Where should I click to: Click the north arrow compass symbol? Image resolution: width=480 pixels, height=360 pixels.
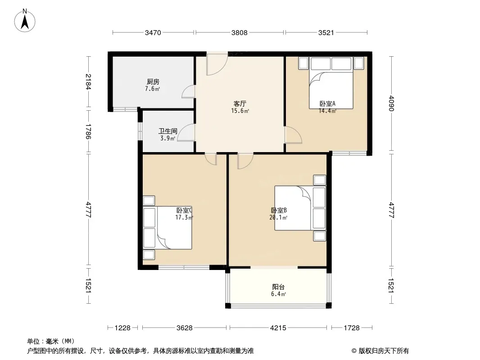click(x=25, y=21)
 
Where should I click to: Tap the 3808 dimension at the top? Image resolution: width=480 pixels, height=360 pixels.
click(x=240, y=32)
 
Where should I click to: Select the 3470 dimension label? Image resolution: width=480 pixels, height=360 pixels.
click(x=153, y=32)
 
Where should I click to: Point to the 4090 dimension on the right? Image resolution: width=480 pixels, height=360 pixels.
click(x=391, y=103)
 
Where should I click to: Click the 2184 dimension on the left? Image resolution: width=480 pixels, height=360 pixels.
click(x=88, y=81)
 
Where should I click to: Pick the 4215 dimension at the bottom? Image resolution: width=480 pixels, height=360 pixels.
click(x=278, y=328)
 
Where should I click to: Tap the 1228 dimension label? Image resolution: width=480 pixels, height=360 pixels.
click(x=122, y=328)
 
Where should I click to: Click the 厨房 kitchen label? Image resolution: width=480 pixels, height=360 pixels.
click(x=153, y=81)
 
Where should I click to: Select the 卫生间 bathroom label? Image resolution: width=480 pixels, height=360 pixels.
click(x=168, y=131)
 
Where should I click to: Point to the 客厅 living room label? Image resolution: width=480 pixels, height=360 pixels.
click(x=240, y=103)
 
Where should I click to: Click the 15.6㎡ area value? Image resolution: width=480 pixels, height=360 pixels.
click(x=240, y=111)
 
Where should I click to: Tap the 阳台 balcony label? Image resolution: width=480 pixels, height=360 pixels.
click(x=278, y=287)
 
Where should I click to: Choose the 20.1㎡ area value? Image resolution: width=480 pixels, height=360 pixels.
click(x=278, y=218)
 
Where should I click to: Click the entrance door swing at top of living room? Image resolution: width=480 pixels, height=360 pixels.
click(x=217, y=63)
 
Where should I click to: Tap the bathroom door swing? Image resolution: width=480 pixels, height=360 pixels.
click(x=186, y=132)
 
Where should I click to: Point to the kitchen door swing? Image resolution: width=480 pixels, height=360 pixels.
click(x=188, y=92)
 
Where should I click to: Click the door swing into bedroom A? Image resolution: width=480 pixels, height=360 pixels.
click(x=293, y=135)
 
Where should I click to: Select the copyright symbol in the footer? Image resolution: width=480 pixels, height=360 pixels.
click(x=354, y=351)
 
